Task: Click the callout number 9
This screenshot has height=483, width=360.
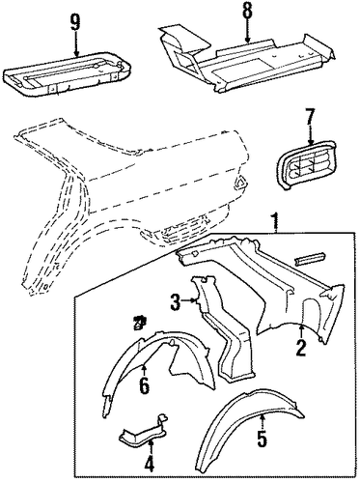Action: point(75,23)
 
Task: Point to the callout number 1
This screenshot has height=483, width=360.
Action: point(274,220)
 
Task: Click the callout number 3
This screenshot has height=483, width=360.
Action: point(176,302)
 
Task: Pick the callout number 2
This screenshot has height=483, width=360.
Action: point(301,348)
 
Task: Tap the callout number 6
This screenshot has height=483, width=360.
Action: point(144,386)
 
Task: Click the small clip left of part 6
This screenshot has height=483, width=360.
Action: point(140,323)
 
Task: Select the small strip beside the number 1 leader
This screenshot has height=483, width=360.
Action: point(310,259)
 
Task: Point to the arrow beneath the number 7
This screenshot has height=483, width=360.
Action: point(310,135)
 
